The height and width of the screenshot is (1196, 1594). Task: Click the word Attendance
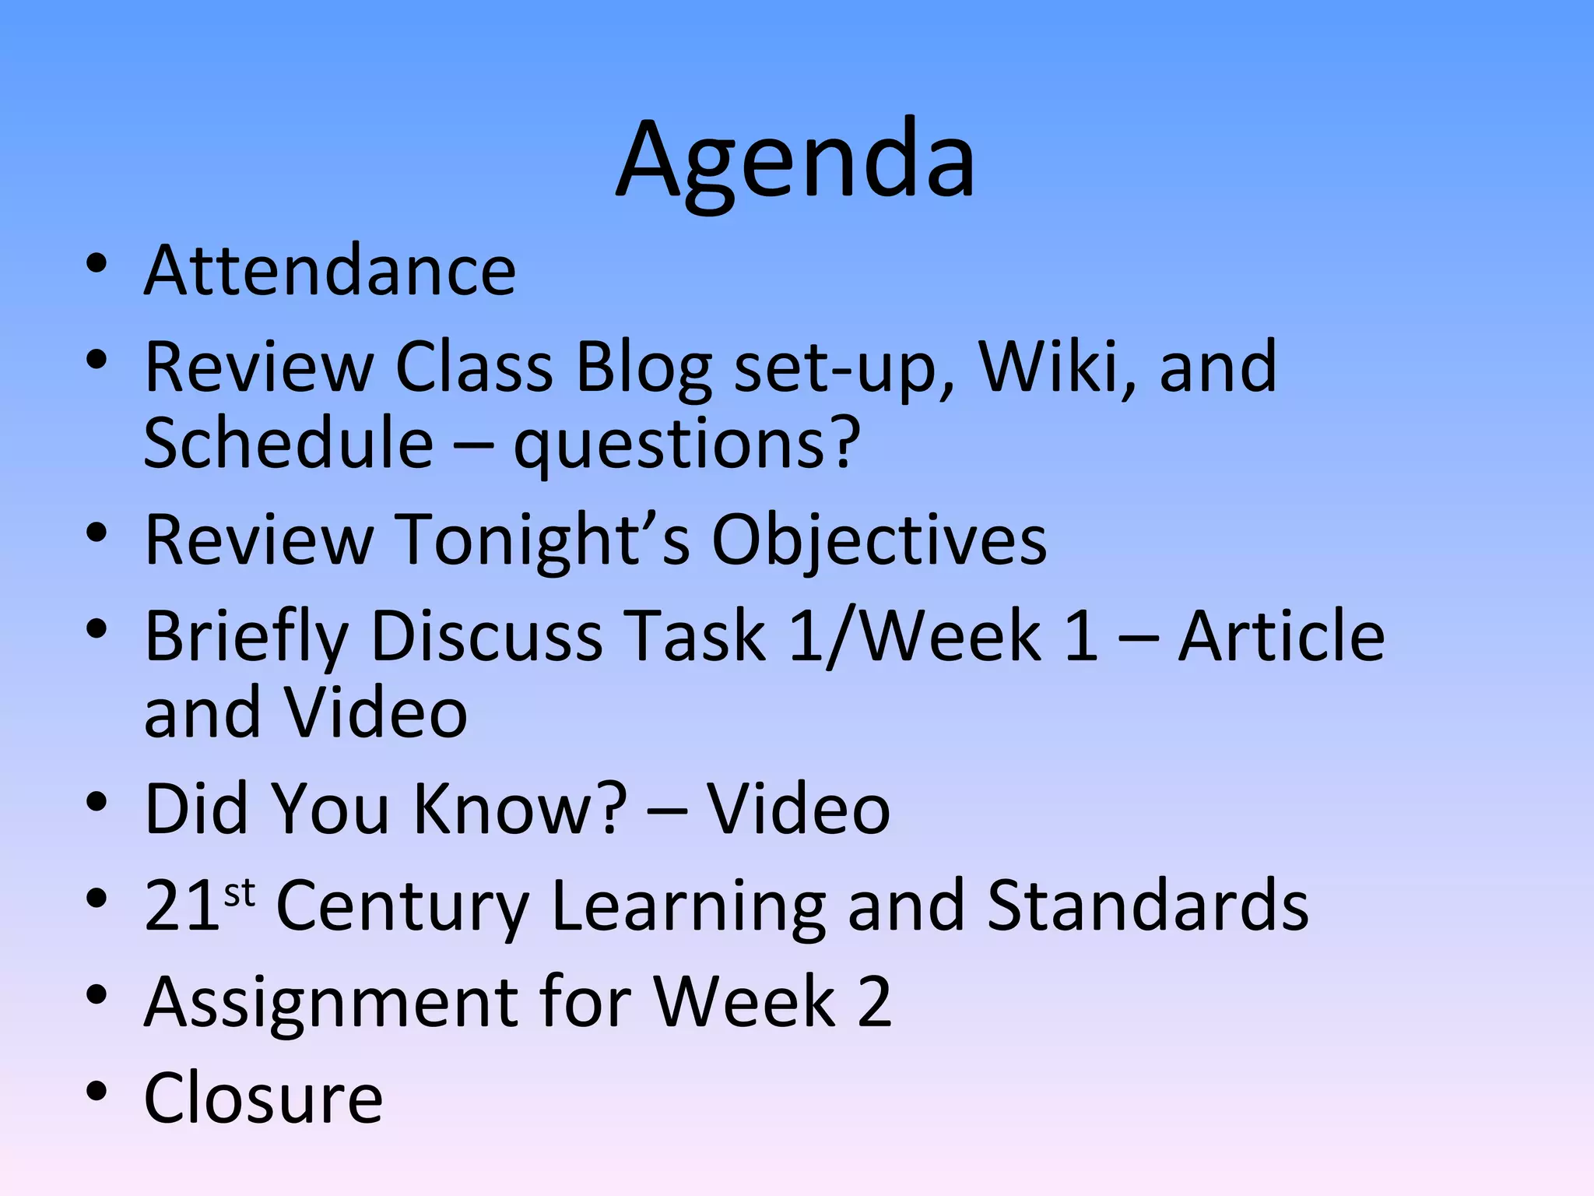[330, 270]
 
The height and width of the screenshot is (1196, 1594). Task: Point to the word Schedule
[289, 444]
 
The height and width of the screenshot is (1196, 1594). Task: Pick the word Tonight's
[543, 540]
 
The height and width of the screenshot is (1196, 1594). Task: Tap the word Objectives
[880, 540]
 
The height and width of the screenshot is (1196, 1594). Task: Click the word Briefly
[246, 637]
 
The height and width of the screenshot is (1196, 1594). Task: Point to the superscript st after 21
[239, 892]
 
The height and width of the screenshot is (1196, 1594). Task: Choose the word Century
[402, 906]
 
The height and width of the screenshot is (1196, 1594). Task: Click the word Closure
[264, 1097]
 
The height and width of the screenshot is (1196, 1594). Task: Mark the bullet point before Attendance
[97, 265]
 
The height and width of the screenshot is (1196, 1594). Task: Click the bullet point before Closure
[97, 1092]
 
